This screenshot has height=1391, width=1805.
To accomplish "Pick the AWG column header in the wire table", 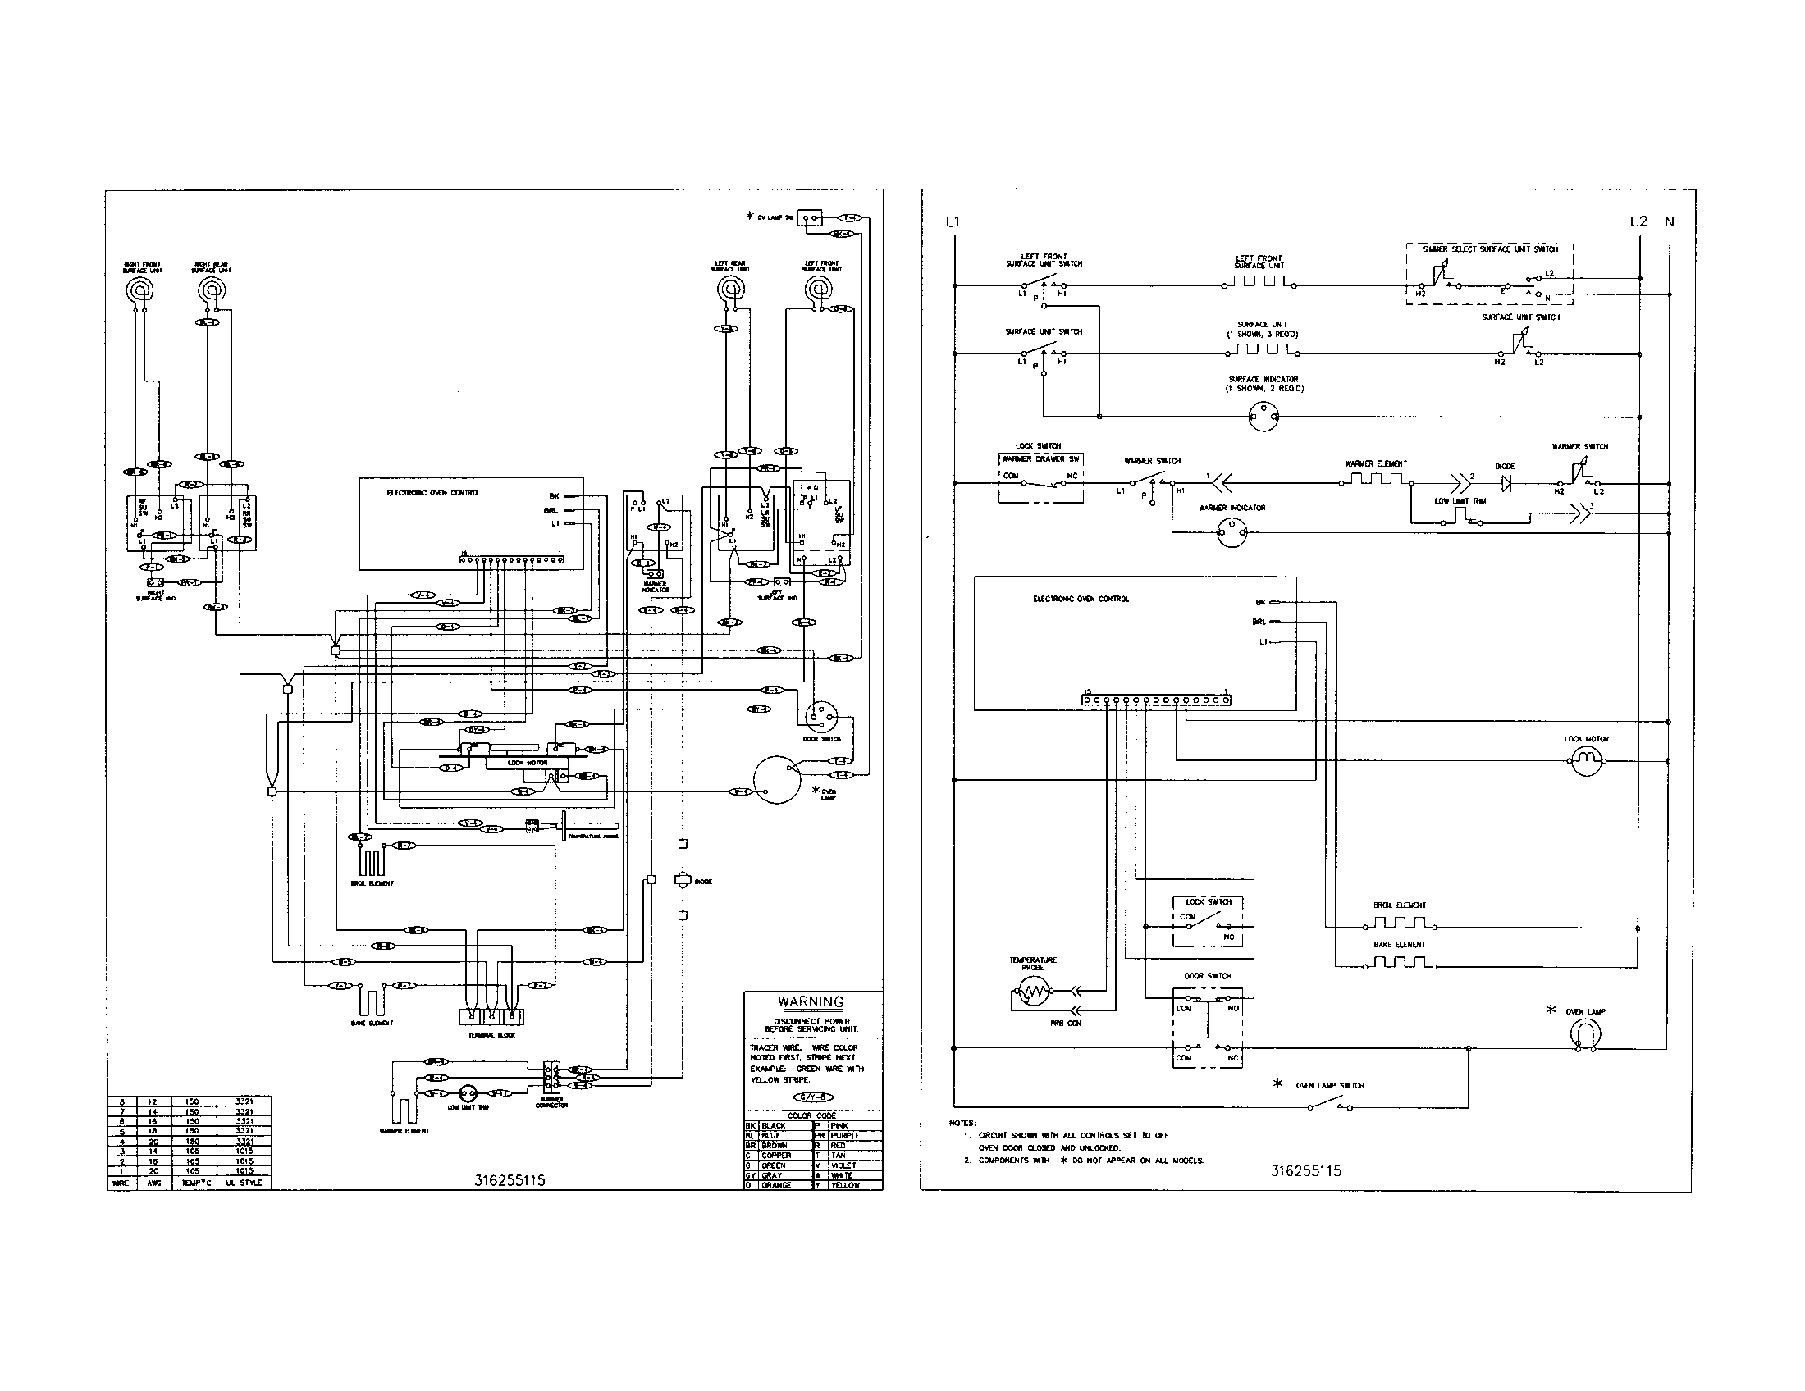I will (153, 1183).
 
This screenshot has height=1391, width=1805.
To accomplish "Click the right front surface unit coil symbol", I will (138, 290).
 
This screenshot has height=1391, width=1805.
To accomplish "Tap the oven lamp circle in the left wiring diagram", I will (775, 780).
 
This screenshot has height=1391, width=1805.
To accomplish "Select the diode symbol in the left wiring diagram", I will (683, 881).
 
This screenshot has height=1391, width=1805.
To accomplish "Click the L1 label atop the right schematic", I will (953, 221).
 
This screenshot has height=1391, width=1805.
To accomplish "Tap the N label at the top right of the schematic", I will (1670, 221).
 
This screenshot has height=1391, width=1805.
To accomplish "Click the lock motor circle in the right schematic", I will (1585, 761).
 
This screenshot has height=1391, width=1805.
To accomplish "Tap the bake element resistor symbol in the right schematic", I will (1398, 963).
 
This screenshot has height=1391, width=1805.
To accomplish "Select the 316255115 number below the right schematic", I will (1306, 1171).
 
